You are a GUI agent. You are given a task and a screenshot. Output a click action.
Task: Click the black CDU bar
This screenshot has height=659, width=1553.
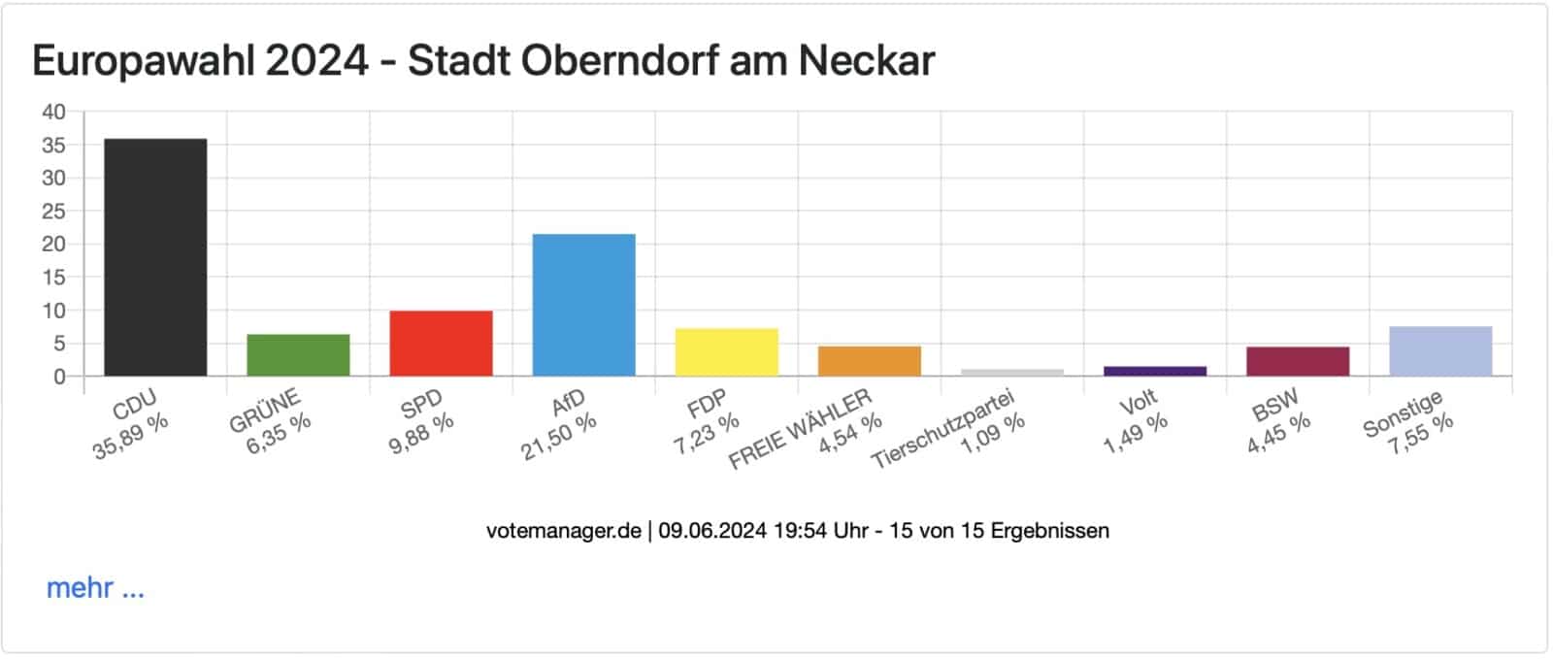[x=155, y=257]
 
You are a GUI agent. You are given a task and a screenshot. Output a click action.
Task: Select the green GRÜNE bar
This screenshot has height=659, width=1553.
[x=298, y=355]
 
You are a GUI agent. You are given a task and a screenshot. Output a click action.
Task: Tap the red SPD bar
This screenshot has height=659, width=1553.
[x=441, y=344]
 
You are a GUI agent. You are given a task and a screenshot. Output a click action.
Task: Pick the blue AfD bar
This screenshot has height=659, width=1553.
[x=583, y=305]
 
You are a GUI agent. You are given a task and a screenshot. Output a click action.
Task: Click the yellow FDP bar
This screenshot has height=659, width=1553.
[x=726, y=352]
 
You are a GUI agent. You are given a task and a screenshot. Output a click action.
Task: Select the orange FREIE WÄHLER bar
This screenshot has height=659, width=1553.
[x=869, y=361]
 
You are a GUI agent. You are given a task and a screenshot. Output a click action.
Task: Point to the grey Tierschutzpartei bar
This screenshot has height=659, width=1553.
[x=1011, y=373]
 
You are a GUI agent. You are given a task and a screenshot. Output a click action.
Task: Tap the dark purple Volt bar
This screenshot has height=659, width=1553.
[x=1154, y=371]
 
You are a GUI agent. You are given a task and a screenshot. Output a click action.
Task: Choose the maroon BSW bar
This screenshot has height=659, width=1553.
[x=1297, y=361]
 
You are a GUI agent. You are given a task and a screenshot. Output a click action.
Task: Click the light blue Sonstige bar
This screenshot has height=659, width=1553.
[x=1439, y=351]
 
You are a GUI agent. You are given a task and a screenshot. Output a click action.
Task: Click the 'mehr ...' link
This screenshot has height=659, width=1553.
[x=95, y=588]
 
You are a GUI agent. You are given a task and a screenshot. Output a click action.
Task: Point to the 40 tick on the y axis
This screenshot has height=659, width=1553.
[x=53, y=112]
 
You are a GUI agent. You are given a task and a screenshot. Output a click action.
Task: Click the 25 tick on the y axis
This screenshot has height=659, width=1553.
[x=53, y=211]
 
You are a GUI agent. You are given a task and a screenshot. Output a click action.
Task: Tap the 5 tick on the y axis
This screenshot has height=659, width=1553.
[x=59, y=344]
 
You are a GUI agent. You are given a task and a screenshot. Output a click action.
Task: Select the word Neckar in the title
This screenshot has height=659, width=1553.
[x=866, y=61]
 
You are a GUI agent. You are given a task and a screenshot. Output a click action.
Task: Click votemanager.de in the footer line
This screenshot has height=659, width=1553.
[x=563, y=531]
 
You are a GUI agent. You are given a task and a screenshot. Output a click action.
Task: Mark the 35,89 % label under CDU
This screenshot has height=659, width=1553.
[x=131, y=438]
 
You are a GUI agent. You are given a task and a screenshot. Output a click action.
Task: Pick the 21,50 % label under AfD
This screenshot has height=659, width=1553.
[x=559, y=438]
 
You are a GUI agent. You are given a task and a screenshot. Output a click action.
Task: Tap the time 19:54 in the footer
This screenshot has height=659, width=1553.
[x=795, y=531]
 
